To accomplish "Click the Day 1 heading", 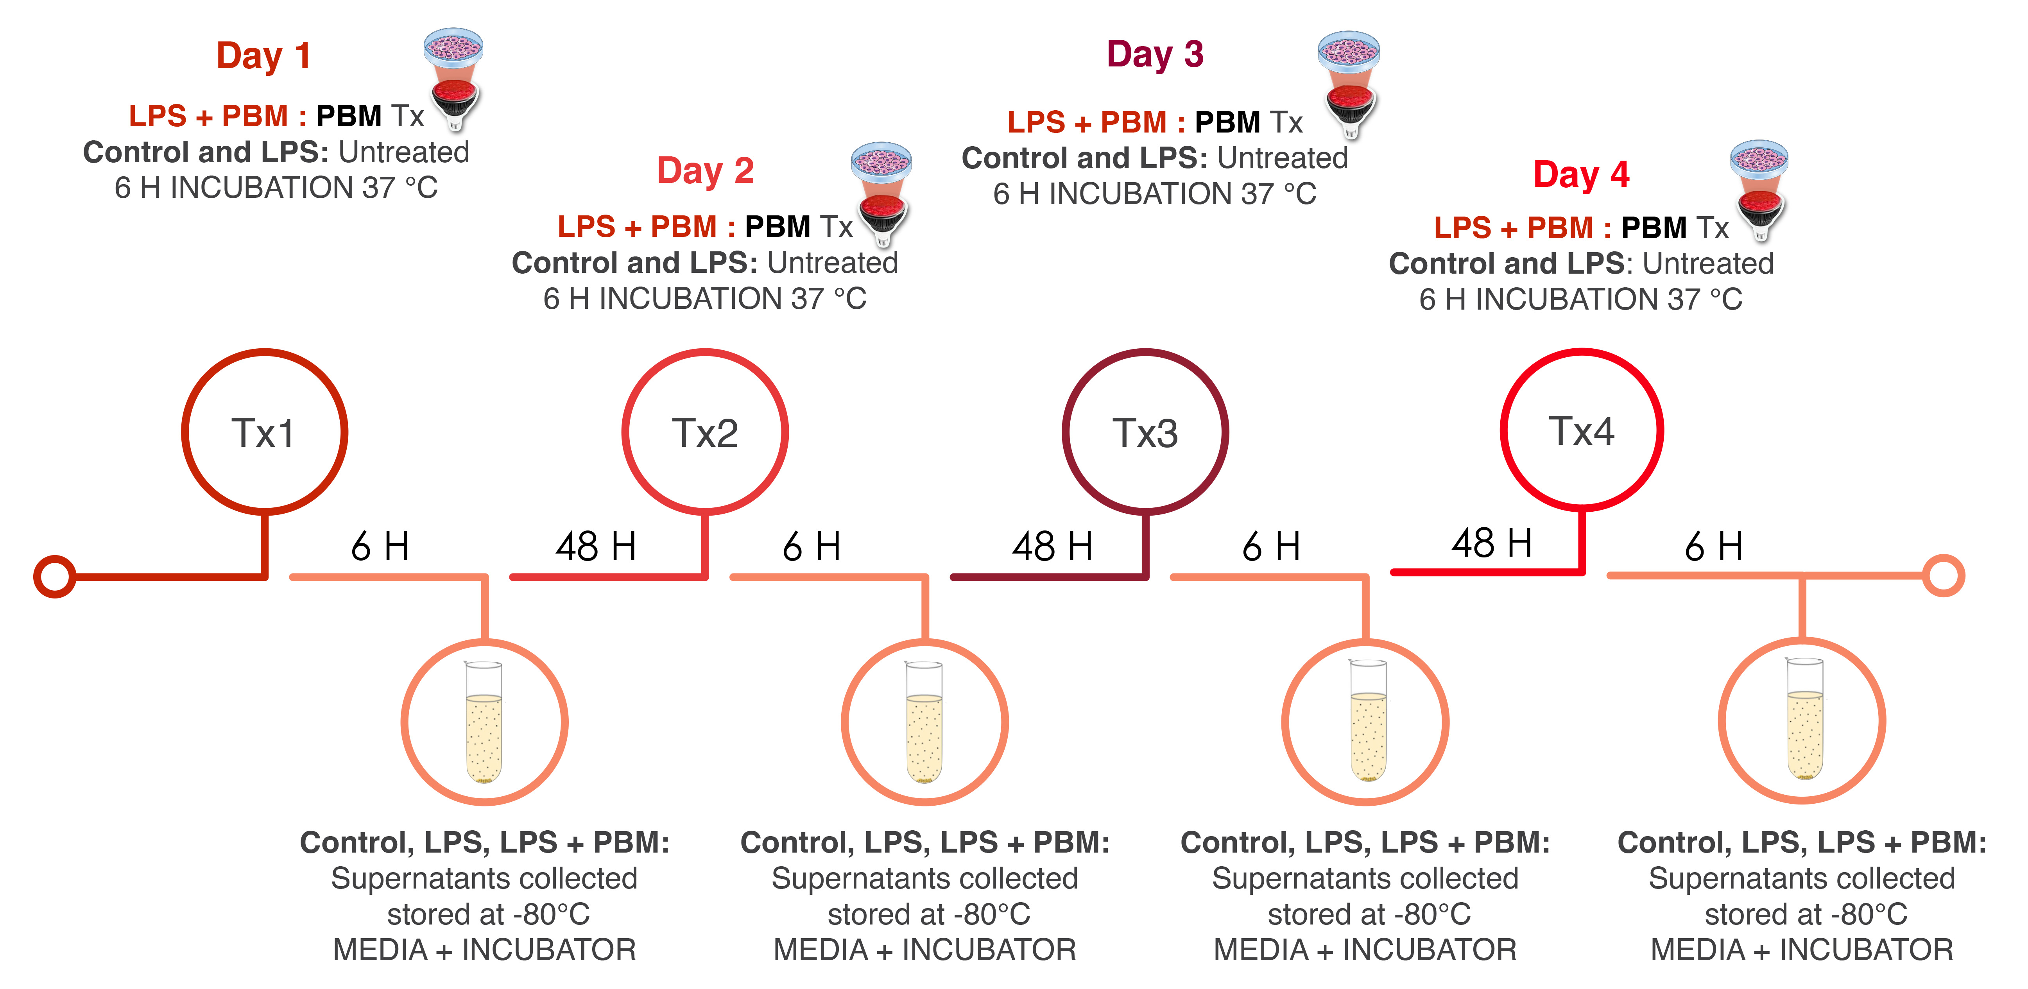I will pos(264,57).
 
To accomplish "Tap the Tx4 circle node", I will pos(1582,430).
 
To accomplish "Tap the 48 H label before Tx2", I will pos(596,546).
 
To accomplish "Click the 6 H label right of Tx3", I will pos(1271,546).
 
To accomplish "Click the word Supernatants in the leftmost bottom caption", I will pos(406,879).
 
